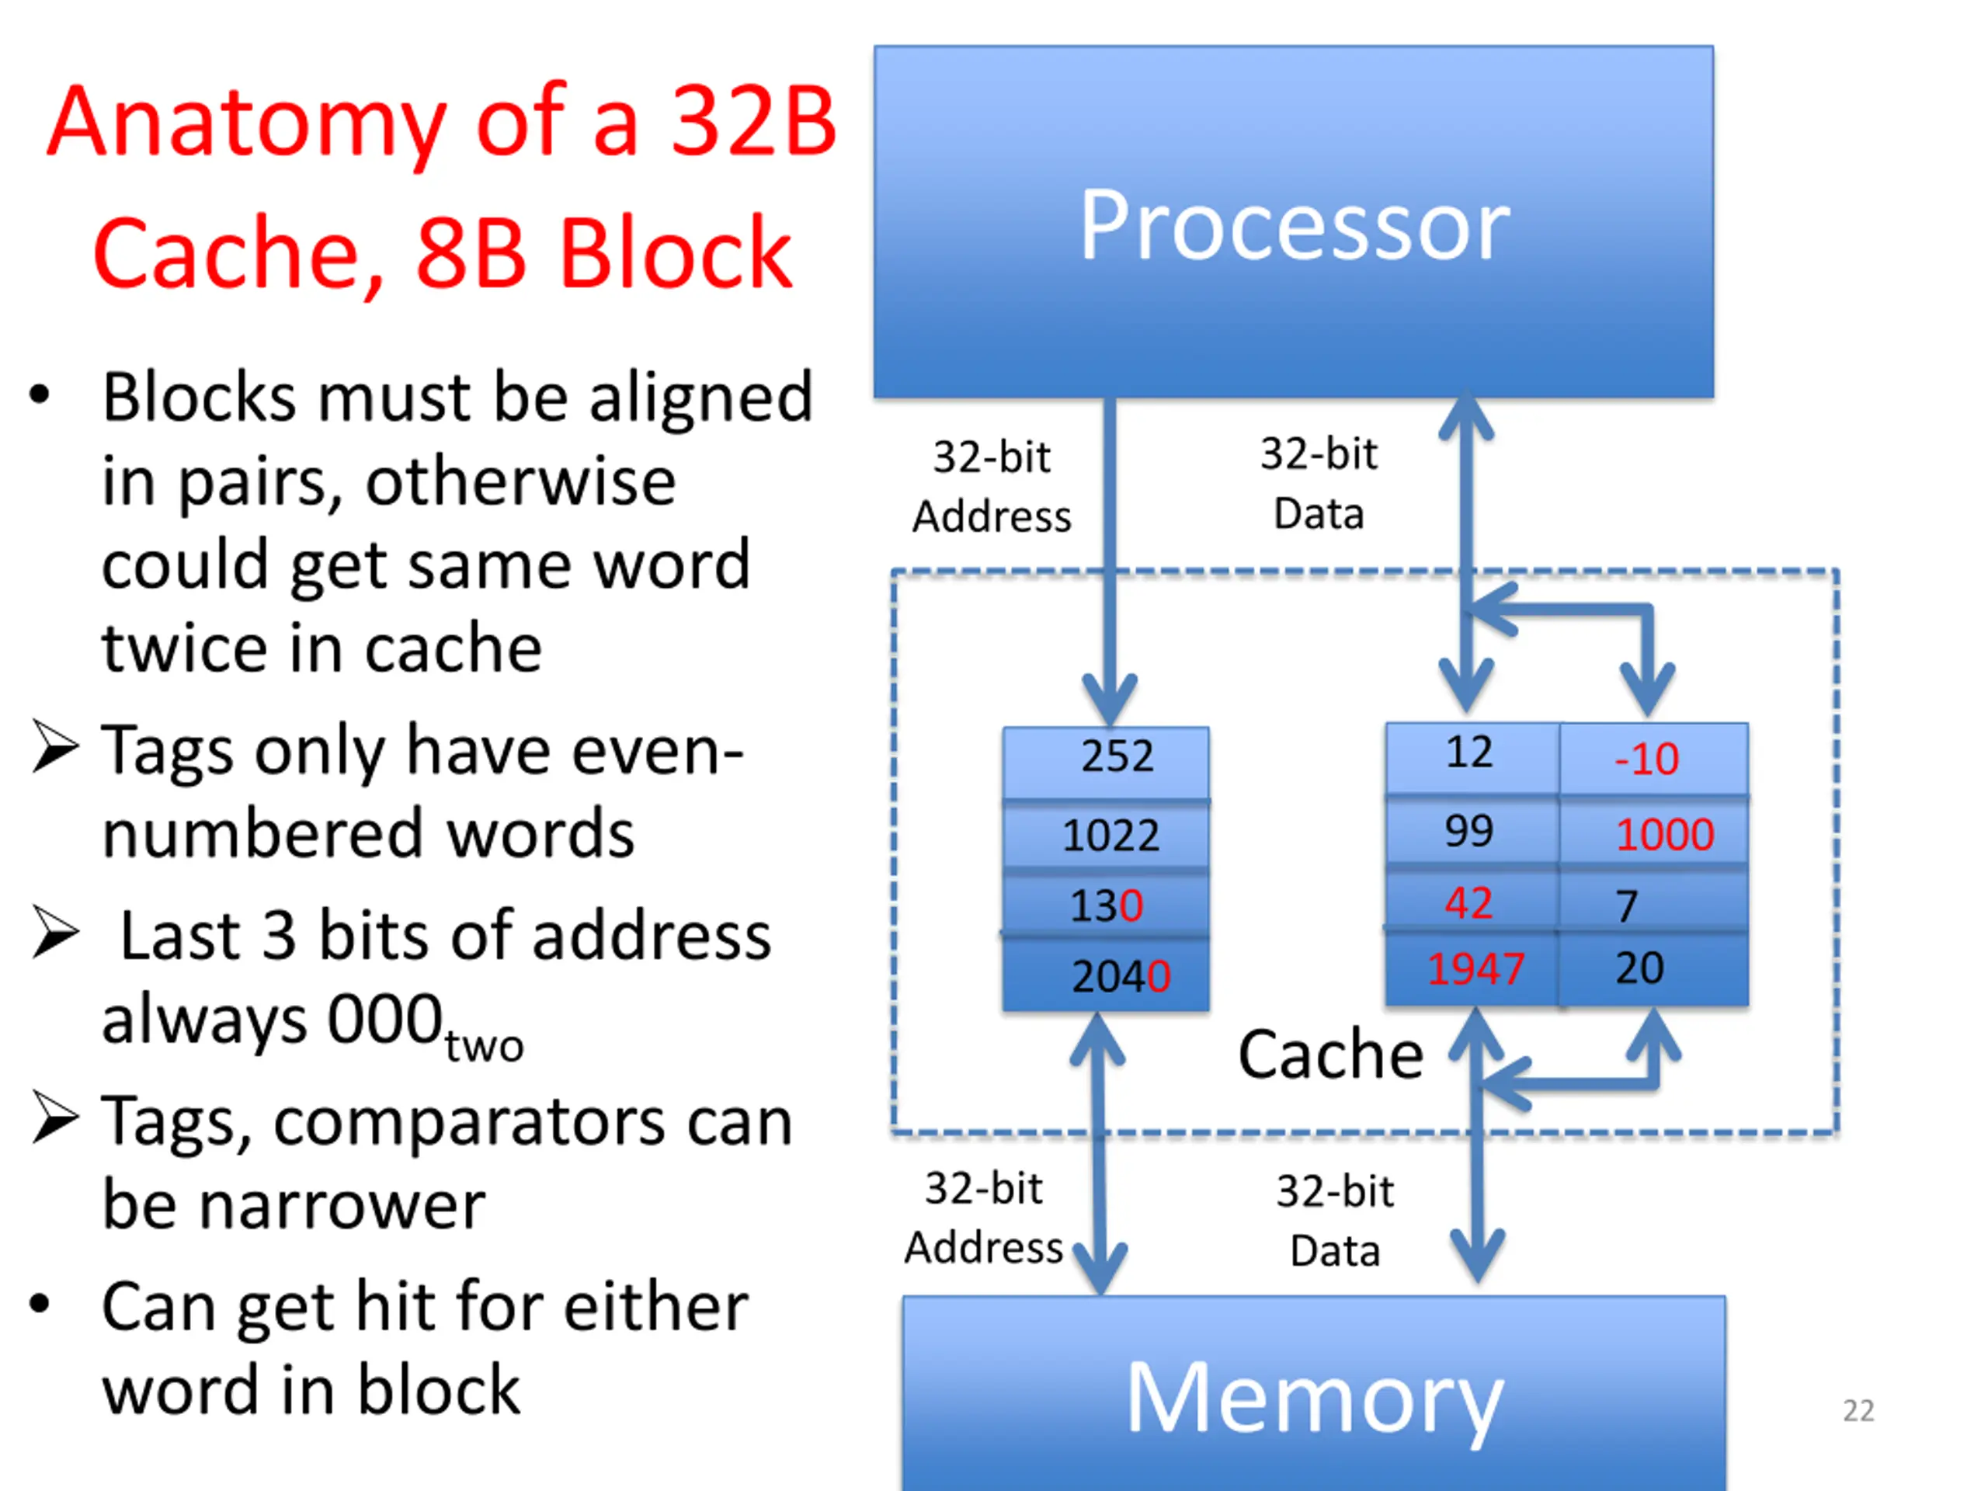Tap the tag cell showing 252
click(1107, 756)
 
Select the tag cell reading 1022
click(1107, 836)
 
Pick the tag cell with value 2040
click(1107, 976)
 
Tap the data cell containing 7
click(1652, 903)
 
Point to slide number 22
click(1858, 1410)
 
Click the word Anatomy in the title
click(246, 123)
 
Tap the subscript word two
click(484, 1046)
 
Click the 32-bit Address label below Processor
click(992, 487)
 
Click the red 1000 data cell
click(1663, 835)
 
